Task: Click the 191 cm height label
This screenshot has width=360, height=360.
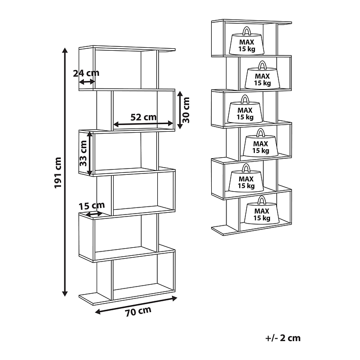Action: pos(58,173)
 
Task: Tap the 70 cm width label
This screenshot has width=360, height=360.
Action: pos(138,312)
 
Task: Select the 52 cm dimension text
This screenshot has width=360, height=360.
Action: pos(144,117)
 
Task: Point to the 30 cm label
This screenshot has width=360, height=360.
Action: pos(186,110)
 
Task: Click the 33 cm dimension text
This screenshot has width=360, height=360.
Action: pos(83,153)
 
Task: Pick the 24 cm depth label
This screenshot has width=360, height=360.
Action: pos(86,73)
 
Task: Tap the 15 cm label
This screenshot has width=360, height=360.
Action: pos(91,206)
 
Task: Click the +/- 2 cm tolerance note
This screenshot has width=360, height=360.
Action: pos(283,338)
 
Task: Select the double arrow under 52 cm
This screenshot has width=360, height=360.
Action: pos(143,124)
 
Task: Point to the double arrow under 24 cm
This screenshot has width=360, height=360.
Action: pos(87,81)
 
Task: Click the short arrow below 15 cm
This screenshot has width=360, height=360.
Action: pos(94,214)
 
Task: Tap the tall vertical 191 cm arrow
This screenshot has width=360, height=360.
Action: pos(65,172)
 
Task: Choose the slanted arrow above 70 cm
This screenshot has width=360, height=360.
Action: pos(136,305)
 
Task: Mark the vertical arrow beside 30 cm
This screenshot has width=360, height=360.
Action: pos(180,110)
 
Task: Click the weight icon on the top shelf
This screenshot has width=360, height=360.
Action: pos(247,41)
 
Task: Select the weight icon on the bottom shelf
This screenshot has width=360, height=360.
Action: pos(262,210)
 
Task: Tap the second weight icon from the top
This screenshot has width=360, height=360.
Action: pos(262,75)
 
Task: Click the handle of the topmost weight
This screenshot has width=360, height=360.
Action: pos(247,31)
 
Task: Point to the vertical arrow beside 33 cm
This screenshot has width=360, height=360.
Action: pos(90,153)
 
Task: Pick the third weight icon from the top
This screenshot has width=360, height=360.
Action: pos(245,109)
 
